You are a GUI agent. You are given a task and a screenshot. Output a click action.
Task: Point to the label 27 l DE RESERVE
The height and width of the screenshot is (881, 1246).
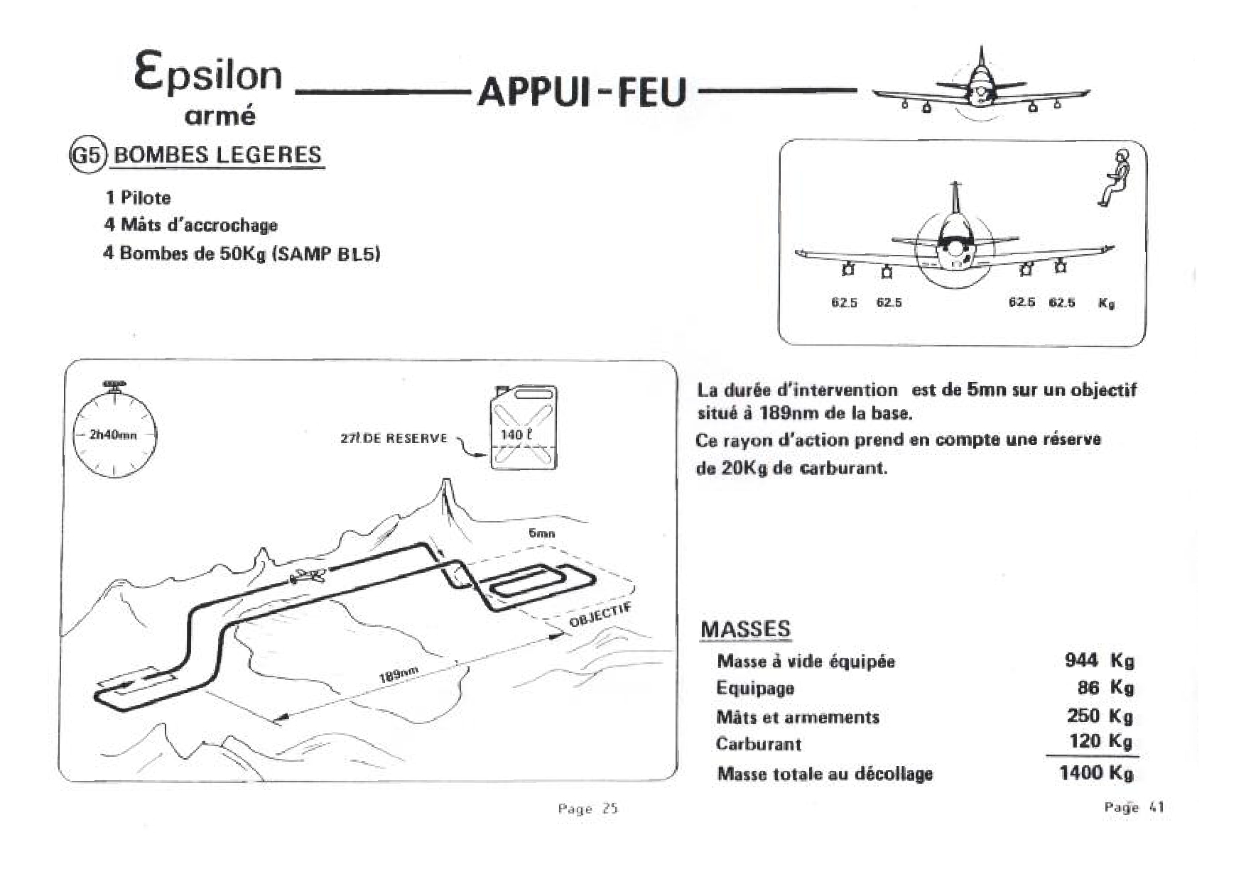coord(394,439)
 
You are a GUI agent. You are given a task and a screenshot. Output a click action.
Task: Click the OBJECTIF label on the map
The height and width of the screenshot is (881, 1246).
coord(600,615)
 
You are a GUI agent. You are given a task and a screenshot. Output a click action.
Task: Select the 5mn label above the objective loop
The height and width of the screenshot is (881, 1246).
coord(541,533)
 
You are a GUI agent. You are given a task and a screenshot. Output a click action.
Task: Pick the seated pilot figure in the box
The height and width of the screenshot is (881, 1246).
coord(1114,177)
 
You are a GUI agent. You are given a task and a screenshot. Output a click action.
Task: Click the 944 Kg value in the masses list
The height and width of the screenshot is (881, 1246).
coord(1098,661)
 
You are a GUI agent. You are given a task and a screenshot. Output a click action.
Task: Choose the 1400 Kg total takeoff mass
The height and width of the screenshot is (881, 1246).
coord(1095,772)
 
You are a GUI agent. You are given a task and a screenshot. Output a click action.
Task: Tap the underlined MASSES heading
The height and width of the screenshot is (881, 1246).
coord(744,629)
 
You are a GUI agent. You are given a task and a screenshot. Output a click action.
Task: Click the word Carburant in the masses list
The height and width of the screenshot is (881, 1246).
coord(758,744)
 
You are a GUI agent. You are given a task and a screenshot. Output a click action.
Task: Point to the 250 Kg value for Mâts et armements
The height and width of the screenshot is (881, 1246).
coord(1099,716)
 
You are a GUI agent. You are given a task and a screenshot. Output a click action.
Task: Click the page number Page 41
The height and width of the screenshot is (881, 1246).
coord(1134,807)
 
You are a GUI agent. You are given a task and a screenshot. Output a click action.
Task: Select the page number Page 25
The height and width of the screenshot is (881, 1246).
coord(587,809)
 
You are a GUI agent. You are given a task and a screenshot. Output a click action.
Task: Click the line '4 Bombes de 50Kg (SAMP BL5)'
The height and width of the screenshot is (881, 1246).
coord(242,253)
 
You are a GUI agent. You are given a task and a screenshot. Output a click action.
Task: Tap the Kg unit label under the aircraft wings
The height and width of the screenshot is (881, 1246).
coord(1106,303)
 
